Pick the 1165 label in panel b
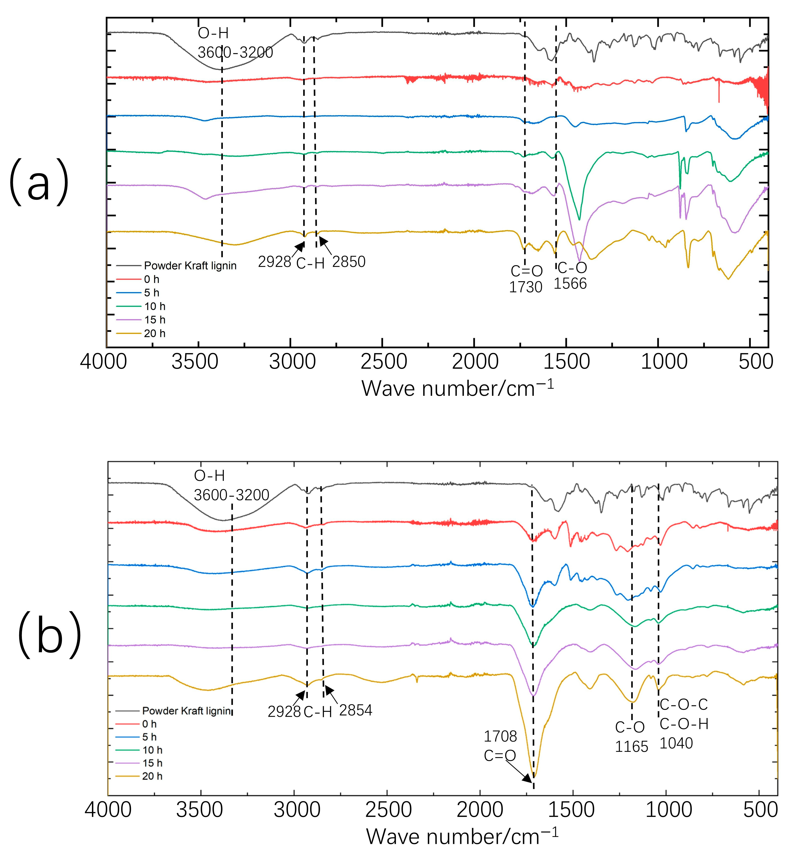(x=632, y=746)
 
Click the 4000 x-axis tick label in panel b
(x=108, y=810)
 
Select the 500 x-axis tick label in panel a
(x=755, y=362)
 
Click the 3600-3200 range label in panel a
(x=235, y=52)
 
